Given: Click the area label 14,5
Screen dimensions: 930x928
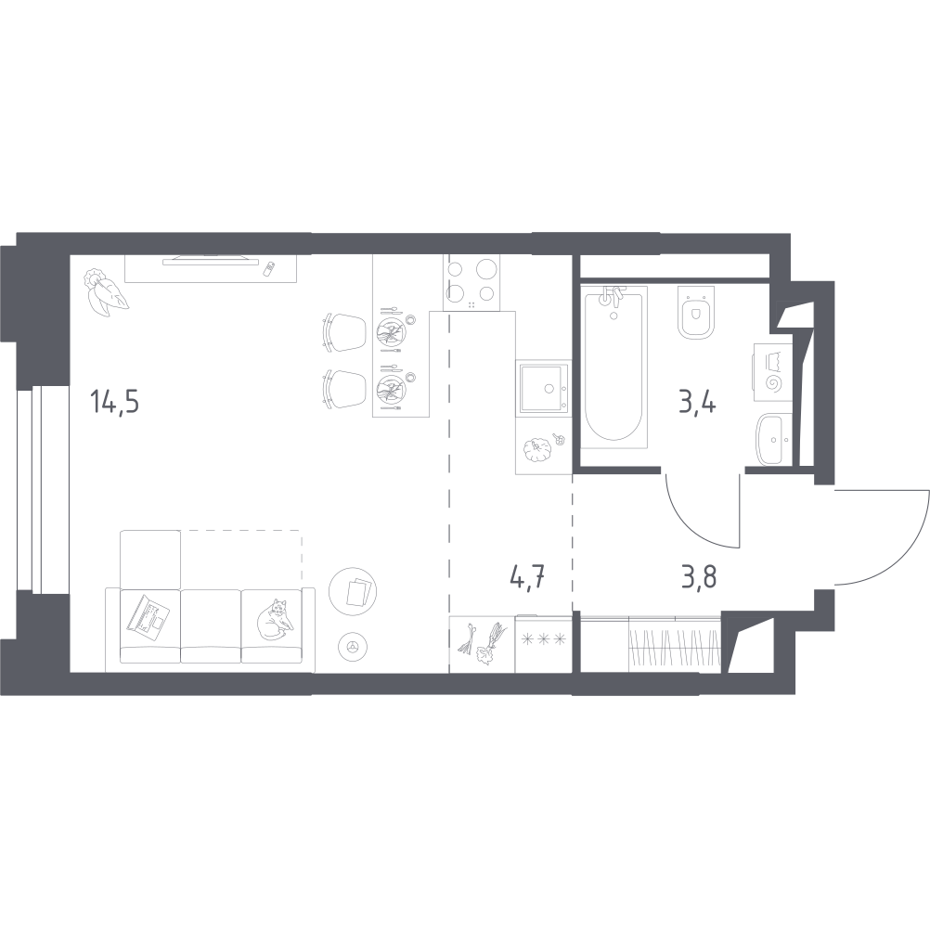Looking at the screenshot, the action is (x=114, y=402).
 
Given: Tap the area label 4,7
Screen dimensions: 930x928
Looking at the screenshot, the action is (x=527, y=575).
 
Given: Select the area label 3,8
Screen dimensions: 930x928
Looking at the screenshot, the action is (x=699, y=575).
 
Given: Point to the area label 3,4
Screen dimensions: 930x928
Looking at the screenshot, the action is (x=698, y=402).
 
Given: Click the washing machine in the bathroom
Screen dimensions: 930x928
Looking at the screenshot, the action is (x=773, y=372).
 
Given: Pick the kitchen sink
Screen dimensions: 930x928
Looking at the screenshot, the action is (x=543, y=389).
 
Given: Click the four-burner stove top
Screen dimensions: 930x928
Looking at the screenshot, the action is (x=471, y=283).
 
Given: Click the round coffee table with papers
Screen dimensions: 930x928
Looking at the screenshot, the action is (x=354, y=590).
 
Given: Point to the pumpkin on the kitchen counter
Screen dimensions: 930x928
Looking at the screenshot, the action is (x=536, y=449).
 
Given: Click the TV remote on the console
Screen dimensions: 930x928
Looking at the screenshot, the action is (x=269, y=268).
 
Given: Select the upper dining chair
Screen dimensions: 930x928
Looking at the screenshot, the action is (x=345, y=332).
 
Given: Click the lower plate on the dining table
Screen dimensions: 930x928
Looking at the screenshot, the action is (x=392, y=388).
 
